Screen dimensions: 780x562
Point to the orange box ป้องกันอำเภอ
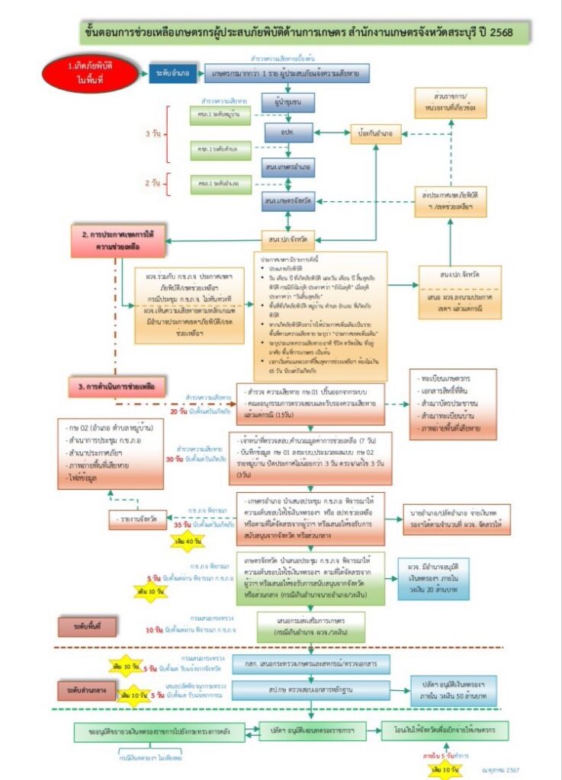(376, 133)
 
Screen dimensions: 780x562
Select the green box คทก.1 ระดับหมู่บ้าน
(215, 115)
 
